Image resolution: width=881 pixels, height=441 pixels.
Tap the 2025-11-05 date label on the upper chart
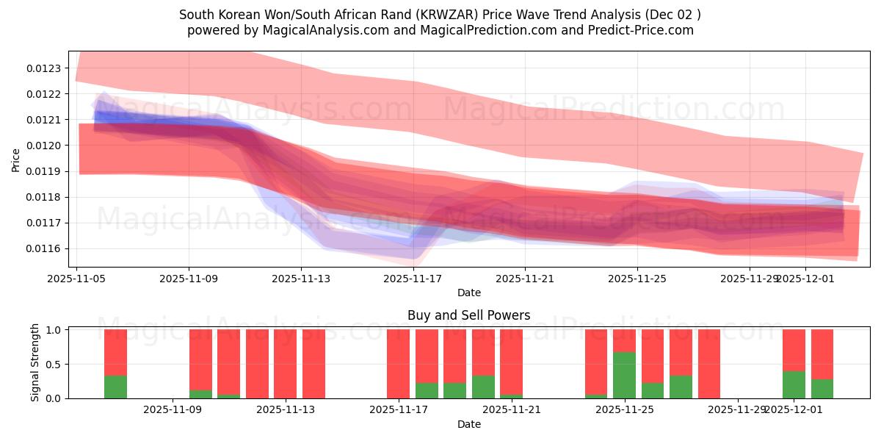pos(77,279)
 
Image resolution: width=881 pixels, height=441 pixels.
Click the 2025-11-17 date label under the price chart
pos(413,279)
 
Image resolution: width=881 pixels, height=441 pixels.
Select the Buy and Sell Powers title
pos(468,315)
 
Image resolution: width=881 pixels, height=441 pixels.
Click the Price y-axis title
pos(16,159)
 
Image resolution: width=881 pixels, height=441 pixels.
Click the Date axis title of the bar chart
pos(468,424)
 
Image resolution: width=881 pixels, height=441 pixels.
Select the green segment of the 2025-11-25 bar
pos(624,375)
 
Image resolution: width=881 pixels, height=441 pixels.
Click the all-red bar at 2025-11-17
pos(398,364)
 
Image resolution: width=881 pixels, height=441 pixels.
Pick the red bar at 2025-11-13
pos(313,364)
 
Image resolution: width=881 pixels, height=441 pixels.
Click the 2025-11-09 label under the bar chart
pos(172,410)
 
